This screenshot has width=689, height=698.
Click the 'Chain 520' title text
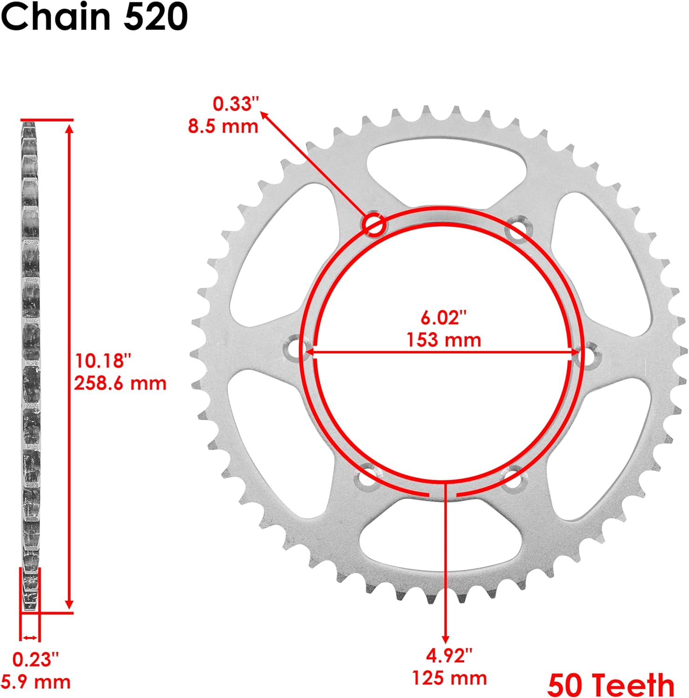tap(95, 17)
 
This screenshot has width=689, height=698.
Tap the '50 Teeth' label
tap(611, 685)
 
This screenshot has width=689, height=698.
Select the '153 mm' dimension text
tap(443, 340)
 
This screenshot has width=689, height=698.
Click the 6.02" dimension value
tap(443, 318)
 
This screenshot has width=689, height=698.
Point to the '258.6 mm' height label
tap(120, 383)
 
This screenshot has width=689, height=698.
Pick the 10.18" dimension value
tap(103, 361)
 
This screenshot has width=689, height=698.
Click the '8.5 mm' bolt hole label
tap(223, 126)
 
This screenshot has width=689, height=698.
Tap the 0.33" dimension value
tap(235, 104)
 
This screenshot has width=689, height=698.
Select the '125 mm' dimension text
tap(449, 678)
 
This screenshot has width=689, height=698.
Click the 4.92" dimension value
tap(449, 656)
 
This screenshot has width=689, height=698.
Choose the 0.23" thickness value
tap(35, 659)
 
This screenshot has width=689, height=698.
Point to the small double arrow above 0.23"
tap(30, 638)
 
